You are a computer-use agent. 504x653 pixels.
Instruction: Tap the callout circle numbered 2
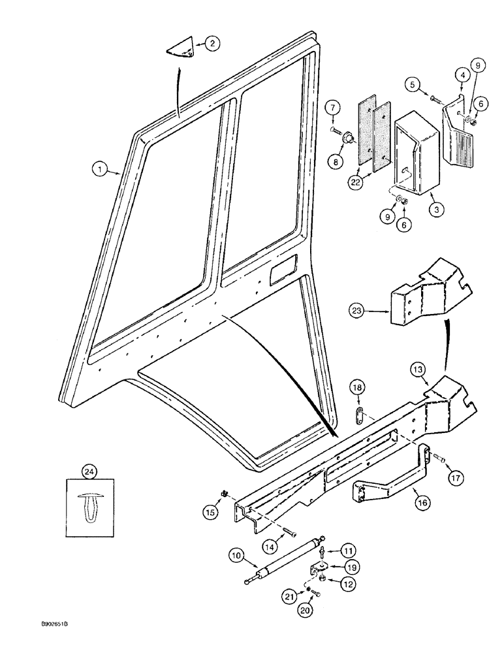point(212,44)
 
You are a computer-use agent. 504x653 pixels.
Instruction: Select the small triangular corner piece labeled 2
point(183,48)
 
